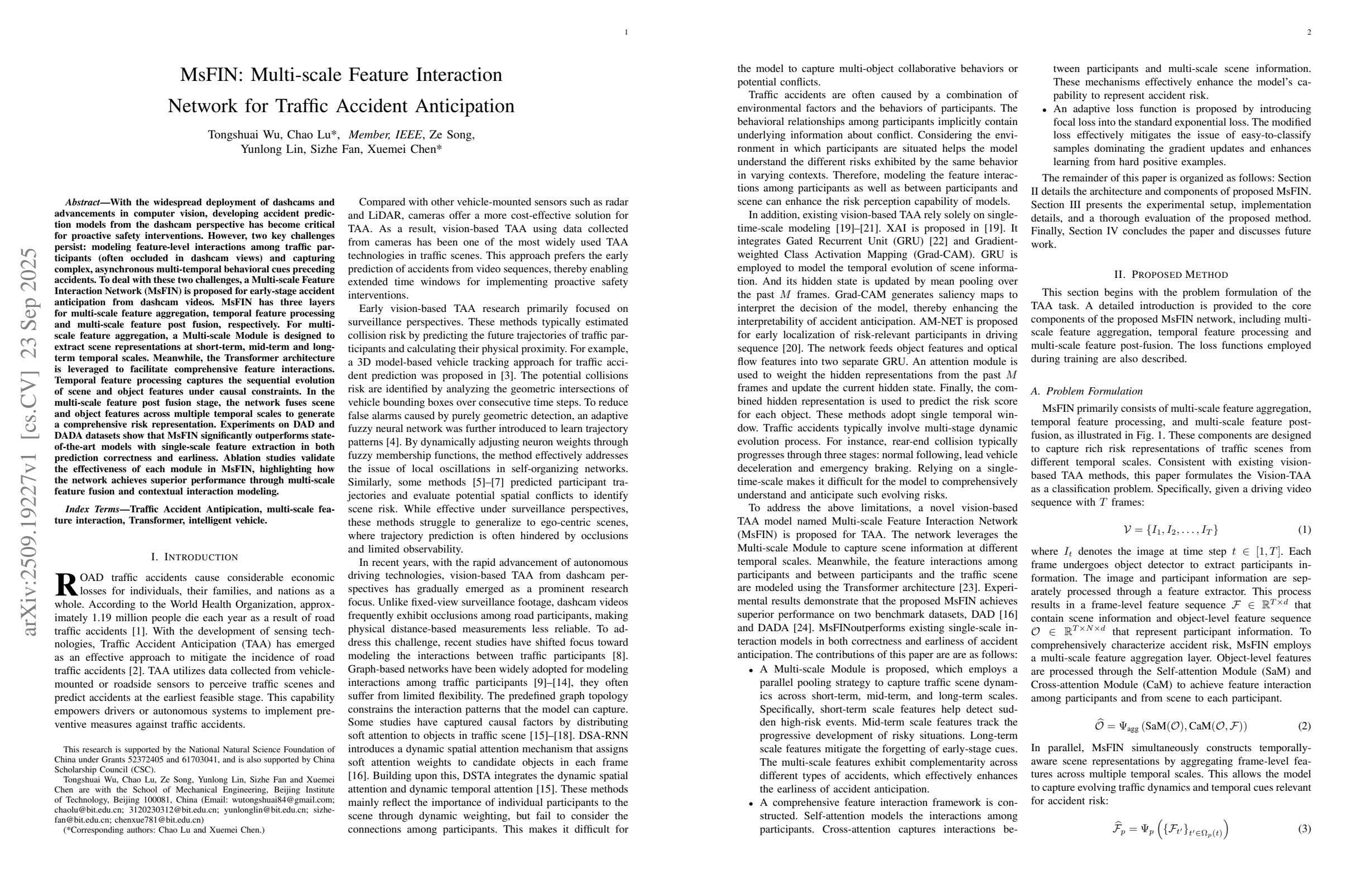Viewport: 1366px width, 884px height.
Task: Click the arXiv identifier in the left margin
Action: pos(30,442)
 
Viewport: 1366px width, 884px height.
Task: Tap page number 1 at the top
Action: pos(626,33)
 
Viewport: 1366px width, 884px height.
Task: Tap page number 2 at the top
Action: pos(1309,33)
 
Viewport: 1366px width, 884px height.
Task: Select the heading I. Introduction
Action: pos(194,557)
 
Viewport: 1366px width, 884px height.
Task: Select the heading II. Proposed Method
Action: pos(1171,275)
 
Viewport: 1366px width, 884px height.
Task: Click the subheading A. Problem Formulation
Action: pos(1086,391)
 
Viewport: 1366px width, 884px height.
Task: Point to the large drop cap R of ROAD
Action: pos(66,584)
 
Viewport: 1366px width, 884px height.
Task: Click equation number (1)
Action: pos(1304,529)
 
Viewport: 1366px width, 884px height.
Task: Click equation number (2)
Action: pos(1304,726)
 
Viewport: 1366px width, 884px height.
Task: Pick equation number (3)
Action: pos(1304,829)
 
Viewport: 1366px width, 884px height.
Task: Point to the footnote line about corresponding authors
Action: pos(163,829)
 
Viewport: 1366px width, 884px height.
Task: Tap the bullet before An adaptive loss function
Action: pos(1043,109)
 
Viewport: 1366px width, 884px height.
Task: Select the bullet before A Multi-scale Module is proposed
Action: pos(751,670)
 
